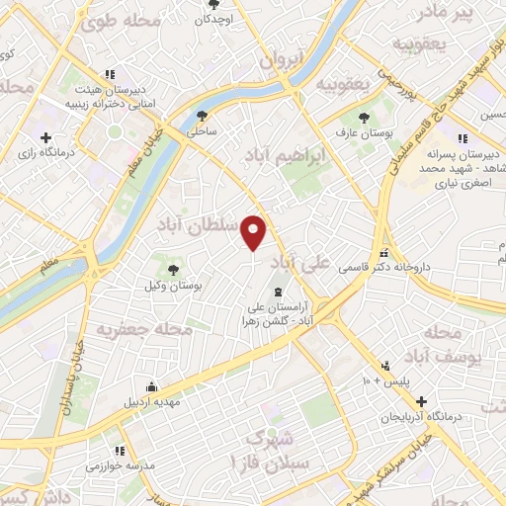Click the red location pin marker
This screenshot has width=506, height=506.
coord(254,231)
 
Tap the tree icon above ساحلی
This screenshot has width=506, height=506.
coord(203,114)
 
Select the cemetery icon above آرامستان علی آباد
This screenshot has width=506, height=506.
coord(278,292)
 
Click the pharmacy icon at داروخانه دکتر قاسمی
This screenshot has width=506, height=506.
coord(383,252)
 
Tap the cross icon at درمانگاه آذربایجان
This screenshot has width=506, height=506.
coord(422,402)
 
